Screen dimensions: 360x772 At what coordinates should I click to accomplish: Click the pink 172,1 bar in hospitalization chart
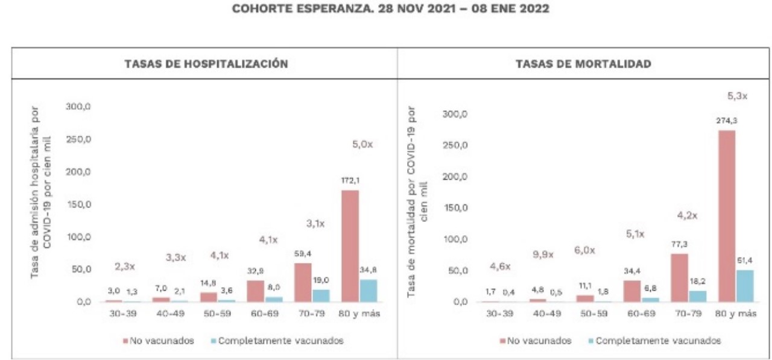350,245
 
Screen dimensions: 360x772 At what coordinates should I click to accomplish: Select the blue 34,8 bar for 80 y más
368,290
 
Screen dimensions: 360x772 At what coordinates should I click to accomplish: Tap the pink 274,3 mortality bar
727,215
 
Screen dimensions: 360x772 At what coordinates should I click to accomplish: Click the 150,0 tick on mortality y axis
455,208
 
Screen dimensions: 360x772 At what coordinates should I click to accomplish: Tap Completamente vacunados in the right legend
658,341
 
